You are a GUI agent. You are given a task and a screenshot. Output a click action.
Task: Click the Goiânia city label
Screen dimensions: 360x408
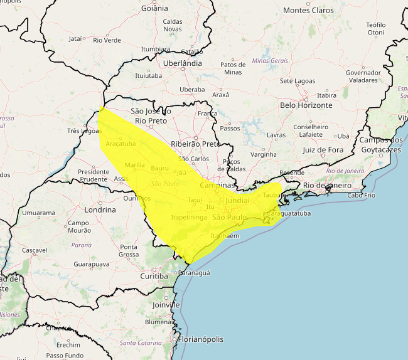(155, 8)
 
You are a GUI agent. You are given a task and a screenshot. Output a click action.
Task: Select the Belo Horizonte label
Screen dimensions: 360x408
(306, 105)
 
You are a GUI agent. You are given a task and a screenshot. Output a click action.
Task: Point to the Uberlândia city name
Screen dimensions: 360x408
(182, 63)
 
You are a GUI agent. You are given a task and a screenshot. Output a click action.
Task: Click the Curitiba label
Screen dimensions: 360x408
(154, 276)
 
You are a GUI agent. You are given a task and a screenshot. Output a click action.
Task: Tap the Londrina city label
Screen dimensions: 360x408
(100, 210)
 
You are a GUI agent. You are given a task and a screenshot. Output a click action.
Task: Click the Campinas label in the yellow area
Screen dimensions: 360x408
(217, 186)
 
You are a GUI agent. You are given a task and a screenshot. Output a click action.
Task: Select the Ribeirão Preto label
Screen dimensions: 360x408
(196, 144)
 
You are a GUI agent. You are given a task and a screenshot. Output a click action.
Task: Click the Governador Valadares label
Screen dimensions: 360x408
(363, 77)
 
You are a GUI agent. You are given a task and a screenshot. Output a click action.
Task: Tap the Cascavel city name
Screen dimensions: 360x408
(35, 250)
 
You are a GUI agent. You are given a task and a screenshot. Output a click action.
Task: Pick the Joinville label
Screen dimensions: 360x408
(166, 305)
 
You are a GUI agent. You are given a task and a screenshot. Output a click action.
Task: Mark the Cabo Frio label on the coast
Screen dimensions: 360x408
(361, 195)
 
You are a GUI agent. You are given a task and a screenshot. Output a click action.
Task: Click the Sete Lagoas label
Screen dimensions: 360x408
(298, 81)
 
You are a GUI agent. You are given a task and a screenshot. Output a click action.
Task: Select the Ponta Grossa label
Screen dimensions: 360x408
(129, 251)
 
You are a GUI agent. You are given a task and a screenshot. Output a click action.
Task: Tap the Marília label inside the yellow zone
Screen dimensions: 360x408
(135, 165)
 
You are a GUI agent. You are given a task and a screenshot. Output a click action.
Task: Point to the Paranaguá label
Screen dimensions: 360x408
(194, 273)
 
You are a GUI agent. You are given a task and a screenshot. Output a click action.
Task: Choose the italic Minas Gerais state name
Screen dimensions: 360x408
(270, 60)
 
